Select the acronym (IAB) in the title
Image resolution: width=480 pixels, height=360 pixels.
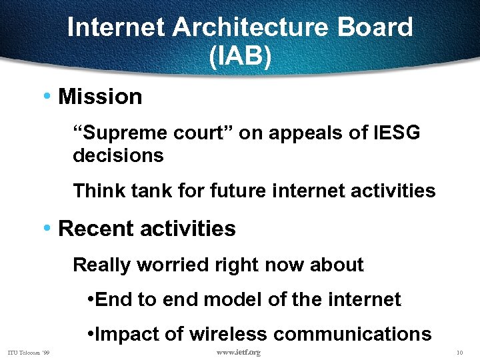pos(240,57)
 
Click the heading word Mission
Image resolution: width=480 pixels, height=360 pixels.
pos(100,97)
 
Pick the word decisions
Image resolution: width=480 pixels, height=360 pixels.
pos(118,156)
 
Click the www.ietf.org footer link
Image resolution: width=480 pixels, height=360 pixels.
pos(239,352)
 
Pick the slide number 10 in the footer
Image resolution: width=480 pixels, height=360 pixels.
pos(459,352)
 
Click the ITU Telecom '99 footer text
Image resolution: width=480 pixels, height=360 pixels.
pos(29,352)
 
